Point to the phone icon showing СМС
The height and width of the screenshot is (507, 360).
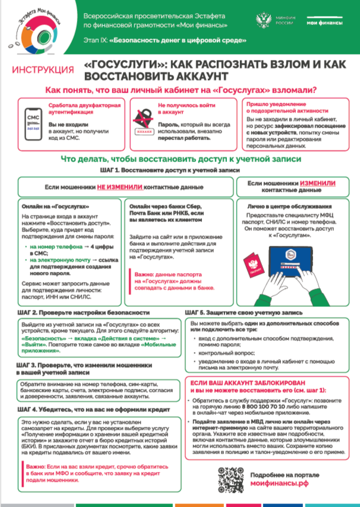tap(33, 121)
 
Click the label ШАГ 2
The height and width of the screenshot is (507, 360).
tap(29, 312)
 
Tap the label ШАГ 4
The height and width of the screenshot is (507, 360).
tap(29, 410)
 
